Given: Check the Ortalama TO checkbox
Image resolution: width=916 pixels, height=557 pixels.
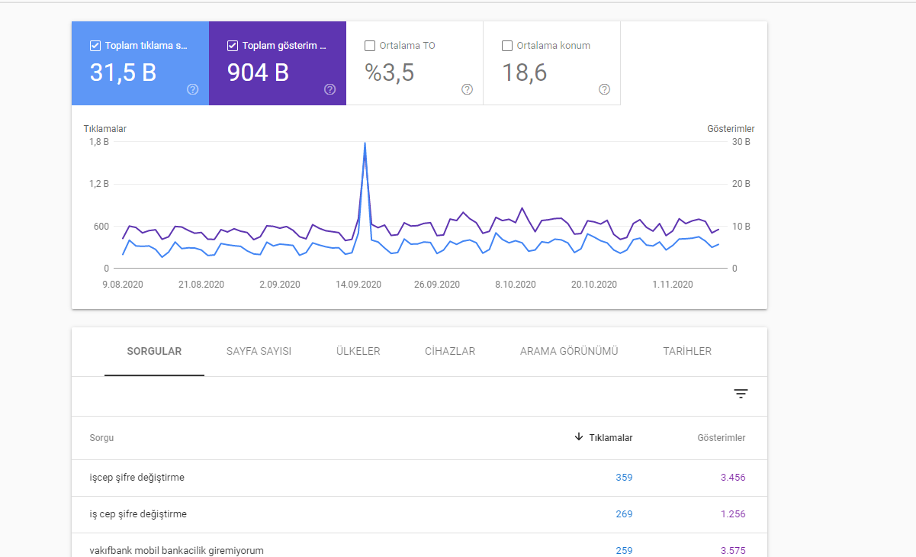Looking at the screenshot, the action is click(x=370, y=46).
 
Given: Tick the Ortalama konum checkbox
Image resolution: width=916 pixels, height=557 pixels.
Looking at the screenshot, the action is click(x=507, y=46).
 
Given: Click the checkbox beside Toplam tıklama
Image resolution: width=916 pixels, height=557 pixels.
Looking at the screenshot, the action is click(x=95, y=46).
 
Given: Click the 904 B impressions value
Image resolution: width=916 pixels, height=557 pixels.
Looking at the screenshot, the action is click(x=258, y=72).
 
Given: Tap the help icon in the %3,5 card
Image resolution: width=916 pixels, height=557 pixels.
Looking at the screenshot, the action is click(x=467, y=89).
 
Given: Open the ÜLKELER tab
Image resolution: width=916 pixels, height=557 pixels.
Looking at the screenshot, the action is click(x=358, y=351).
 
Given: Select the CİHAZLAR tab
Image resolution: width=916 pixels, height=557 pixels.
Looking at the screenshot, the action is click(x=450, y=351).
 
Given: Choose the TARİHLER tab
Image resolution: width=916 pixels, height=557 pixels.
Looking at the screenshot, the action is click(x=687, y=351).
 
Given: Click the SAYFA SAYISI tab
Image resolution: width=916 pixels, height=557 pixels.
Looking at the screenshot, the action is click(x=259, y=351).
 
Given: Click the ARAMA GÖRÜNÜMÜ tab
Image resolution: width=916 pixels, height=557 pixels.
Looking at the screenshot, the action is click(x=569, y=351).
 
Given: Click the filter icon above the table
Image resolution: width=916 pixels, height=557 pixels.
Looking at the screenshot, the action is click(x=741, y=394).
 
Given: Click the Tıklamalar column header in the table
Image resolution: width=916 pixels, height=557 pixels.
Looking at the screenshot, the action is click(x=610, y=438).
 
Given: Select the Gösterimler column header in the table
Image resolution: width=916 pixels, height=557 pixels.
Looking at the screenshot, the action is click(x=722, y=438).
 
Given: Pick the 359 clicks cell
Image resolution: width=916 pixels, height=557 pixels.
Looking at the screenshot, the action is click(x=624, y=477).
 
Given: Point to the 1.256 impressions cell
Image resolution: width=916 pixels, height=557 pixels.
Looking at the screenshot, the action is click(x=733, y=514).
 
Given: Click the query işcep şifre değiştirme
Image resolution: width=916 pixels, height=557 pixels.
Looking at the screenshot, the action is click(x=137, y=478).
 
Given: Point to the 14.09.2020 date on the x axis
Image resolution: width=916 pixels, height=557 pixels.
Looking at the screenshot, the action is click(x=358, y=285).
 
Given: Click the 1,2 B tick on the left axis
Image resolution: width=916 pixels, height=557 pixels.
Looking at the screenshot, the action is click(x=99, y=184).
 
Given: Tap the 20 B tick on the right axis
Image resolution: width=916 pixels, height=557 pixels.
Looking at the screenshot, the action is click(x=741, y=184).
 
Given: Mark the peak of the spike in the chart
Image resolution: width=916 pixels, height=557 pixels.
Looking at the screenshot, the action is click(x=365, y=143).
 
